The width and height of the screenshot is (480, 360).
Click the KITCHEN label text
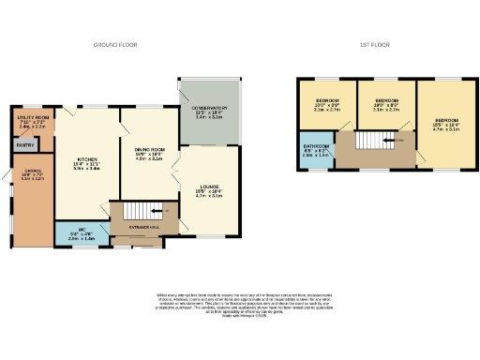(86, 159)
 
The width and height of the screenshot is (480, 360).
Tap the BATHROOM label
(316, 147)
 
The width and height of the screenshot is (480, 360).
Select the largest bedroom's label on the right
(446, 120)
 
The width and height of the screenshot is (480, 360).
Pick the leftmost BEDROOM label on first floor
(326, 99)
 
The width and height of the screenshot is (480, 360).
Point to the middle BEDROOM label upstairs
(386, 99)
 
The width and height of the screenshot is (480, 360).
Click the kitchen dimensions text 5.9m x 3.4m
(87, 169)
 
